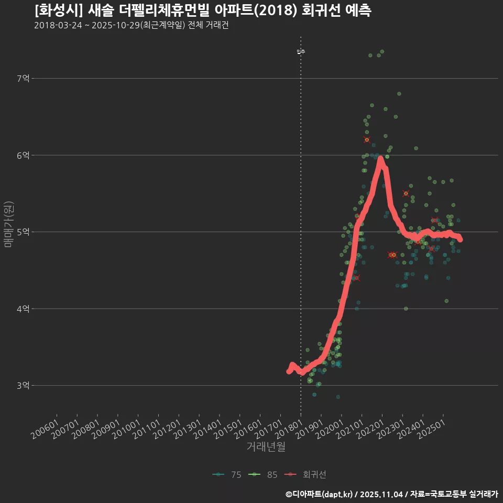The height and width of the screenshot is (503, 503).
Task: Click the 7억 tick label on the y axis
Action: point(24,79)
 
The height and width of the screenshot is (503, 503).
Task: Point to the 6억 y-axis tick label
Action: point(24,155)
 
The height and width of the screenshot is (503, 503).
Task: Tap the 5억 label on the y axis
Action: point(24,232)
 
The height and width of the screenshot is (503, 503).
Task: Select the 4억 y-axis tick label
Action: point(24,309)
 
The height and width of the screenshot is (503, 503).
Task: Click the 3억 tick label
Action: point(24,386)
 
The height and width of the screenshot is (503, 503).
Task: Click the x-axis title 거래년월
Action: point(266,447)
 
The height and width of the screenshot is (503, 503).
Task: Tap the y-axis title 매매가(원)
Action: point(8,224)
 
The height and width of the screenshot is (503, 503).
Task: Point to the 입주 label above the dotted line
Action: point(300,52)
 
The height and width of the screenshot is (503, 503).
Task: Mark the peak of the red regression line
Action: point(380,158)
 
